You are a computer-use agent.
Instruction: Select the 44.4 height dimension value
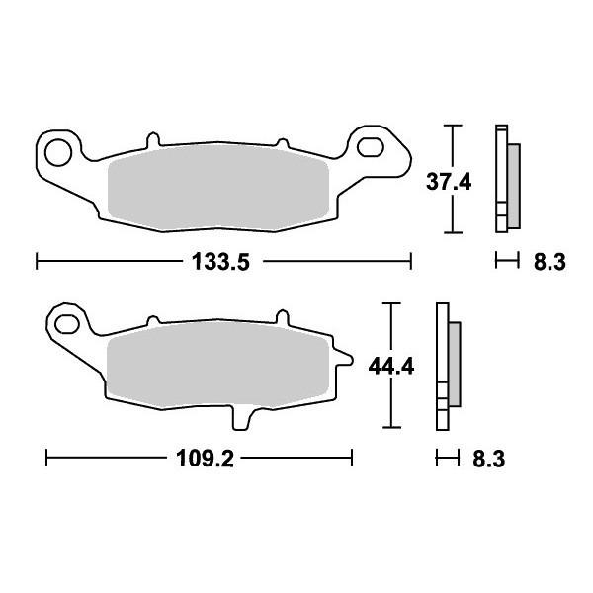(391, 366)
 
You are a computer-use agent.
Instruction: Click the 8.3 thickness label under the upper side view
(549, 262)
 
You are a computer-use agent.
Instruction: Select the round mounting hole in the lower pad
(67, 323)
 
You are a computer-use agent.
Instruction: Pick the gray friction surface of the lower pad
(217, 366)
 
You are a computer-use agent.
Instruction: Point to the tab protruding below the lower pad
(238, 418)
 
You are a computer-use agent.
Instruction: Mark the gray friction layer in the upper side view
(513, 181)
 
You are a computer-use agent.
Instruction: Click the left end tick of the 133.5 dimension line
(37, 262)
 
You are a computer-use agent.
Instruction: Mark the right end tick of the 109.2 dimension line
(352, 459)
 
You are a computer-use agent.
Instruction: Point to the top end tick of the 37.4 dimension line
(453, 127)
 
